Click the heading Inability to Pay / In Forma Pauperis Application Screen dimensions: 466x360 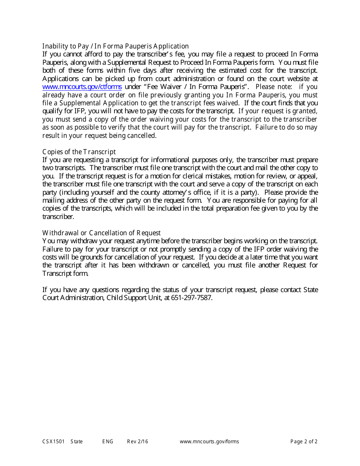point(115,46)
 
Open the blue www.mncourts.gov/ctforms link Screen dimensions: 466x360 point(82,87)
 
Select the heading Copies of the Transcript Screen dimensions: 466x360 point(79,152)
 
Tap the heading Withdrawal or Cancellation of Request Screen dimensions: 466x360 point(101,233)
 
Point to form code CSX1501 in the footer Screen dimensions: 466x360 point(53,441)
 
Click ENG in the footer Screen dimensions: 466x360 point(108,441)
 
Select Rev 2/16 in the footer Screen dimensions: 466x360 point(138,441)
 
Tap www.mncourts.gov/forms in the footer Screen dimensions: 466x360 point(209,441)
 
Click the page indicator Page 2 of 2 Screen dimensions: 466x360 point(304,441)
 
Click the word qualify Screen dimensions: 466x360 point(53,111)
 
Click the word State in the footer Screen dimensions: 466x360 point(77,441)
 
